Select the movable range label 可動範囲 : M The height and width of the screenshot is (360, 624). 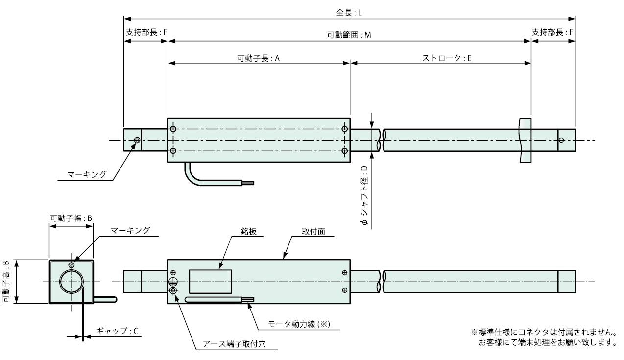tap(349, 35)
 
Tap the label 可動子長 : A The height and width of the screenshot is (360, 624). tap(258, 57)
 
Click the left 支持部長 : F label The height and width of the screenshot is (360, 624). tap(146, 32)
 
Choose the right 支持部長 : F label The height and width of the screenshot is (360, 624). tap(553, 32)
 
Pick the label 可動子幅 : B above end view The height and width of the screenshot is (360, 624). tap(72, 217)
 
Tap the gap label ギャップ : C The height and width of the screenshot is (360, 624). tap(118, 331)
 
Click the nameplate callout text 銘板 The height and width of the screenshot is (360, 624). tap(247, 230)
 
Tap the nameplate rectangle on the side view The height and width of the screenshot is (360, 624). tap(210, 281)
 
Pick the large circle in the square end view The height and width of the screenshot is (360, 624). tap(71, 282)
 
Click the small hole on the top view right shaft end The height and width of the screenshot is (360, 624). tap(561, 140)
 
